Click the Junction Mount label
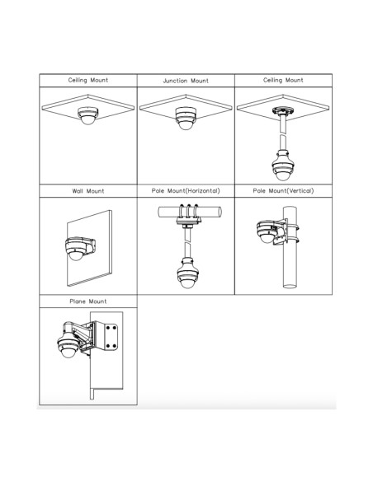point(186,81)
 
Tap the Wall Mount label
point(88,191)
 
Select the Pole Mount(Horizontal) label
point(186,191)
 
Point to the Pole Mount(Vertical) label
point(283,191)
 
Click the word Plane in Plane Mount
point(78,301)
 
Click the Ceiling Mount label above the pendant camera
point(283,80)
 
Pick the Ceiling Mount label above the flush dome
point(88,80)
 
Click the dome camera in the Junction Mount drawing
point(186,118)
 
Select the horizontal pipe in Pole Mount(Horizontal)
point(190,212)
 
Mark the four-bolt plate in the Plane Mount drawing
point(111,337)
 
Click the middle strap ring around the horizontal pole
point(189,212)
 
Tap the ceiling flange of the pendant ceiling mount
point(283,110)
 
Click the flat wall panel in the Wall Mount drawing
point(89,248)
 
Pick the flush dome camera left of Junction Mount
point(87,115)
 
